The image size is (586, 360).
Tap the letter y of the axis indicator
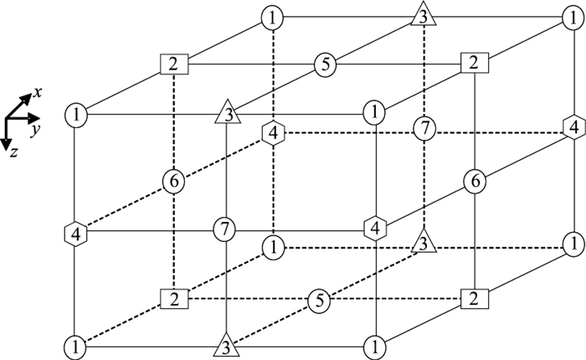pyautogui.click(x=36, y=131)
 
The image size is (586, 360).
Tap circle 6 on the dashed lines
pyautogui.click(x=173, y=180)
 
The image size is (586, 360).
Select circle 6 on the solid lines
pyautogui.click(x=475, y=180)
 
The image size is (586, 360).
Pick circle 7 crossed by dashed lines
pyautogui.click(x=424, y=128)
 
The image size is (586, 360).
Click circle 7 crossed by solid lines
pyautogui.click(x=224, y=227)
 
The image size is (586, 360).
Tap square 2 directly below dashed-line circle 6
pyautogui.click(x=173, y=298)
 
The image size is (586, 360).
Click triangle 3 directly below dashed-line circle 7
pyautogui.click(x=424, y=243)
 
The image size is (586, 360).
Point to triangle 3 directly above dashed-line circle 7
pyautogui.click(x=424, y=15)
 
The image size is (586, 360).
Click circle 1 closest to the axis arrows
pyautogui.click(x=76, y=112)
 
